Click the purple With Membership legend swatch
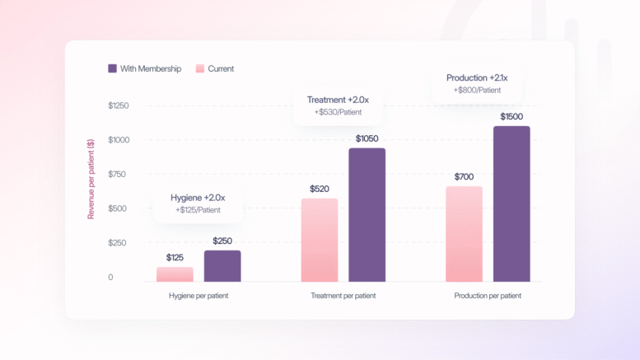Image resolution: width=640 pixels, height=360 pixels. coord(112,68)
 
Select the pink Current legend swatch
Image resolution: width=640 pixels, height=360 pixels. coord(199,68)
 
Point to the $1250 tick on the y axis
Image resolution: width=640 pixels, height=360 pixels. coord(118,105)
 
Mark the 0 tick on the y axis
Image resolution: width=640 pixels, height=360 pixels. coord(110,278)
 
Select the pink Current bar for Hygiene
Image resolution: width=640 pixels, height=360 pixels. coord(175,274)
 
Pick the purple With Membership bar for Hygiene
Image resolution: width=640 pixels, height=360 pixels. coord(222,266)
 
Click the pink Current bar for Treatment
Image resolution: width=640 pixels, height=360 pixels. coord(319,240)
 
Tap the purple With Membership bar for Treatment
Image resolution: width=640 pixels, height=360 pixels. coord(367,215)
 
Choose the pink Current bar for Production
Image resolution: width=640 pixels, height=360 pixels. coord(464,234)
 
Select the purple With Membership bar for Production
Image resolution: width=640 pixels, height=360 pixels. coord(512,203)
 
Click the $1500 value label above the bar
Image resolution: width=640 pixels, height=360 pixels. coord(512,116)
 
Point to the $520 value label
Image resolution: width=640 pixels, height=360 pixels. coord(319,189)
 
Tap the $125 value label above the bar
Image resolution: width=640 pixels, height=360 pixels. coord(175,257)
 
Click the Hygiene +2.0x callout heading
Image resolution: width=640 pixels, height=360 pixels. coord(198,198)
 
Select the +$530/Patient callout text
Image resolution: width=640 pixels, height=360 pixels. coord(338,112)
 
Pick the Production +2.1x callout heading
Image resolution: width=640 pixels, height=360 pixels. coord(477,77)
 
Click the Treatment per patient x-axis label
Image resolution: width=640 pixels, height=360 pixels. coord(343,296)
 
